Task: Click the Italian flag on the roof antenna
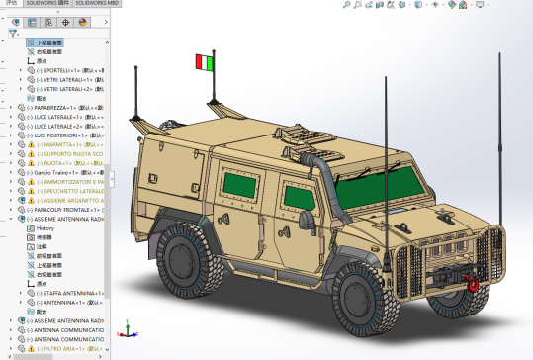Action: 203,62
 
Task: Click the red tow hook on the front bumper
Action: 474,281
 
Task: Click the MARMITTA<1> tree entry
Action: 65,144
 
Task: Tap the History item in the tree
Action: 45,228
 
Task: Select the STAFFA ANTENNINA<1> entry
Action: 69,294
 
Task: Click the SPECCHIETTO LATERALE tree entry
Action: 69,191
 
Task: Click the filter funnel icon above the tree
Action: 13,33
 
